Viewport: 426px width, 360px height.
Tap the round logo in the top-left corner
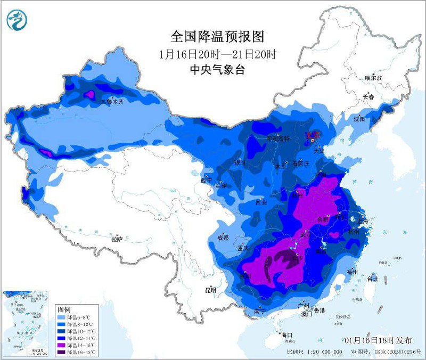pos(16,21)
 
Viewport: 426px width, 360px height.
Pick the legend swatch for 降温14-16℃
pos(62,345)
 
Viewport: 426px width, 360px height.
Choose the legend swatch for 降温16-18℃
pos(62,352)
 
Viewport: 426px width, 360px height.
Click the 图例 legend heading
pos(64,309)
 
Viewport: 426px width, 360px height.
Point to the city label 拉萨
pos(117,239)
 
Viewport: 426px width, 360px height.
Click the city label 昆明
pos(210,290)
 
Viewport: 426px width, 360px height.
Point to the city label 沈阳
pos(358,119)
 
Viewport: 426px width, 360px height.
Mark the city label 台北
pos(372,279)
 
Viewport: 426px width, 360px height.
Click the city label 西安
pos(260,202)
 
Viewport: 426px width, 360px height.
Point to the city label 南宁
pos(260,310)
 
